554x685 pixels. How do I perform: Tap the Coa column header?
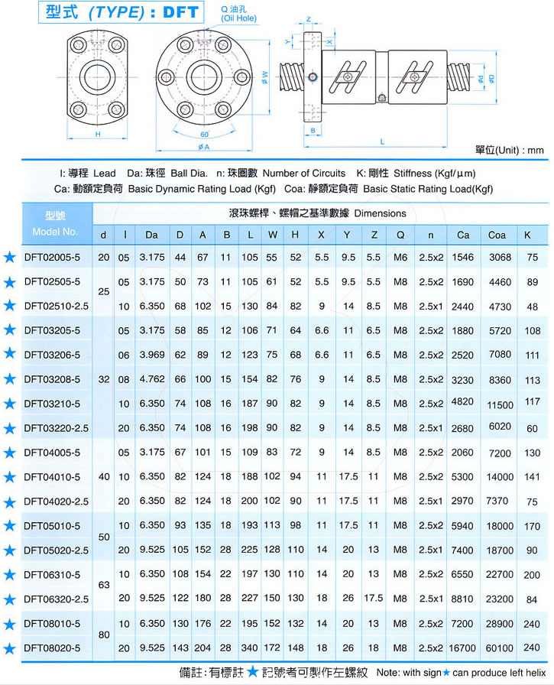tap(497, 235)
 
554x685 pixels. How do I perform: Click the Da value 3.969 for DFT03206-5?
tap(151, 355)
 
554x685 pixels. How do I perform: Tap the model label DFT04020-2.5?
tap(57, 501)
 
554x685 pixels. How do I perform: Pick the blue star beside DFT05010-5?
tap(9, 525)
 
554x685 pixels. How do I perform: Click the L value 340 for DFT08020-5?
tap(251, 648)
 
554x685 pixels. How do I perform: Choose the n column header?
tap(431, 235)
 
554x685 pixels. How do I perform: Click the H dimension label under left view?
tap(98, 135)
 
